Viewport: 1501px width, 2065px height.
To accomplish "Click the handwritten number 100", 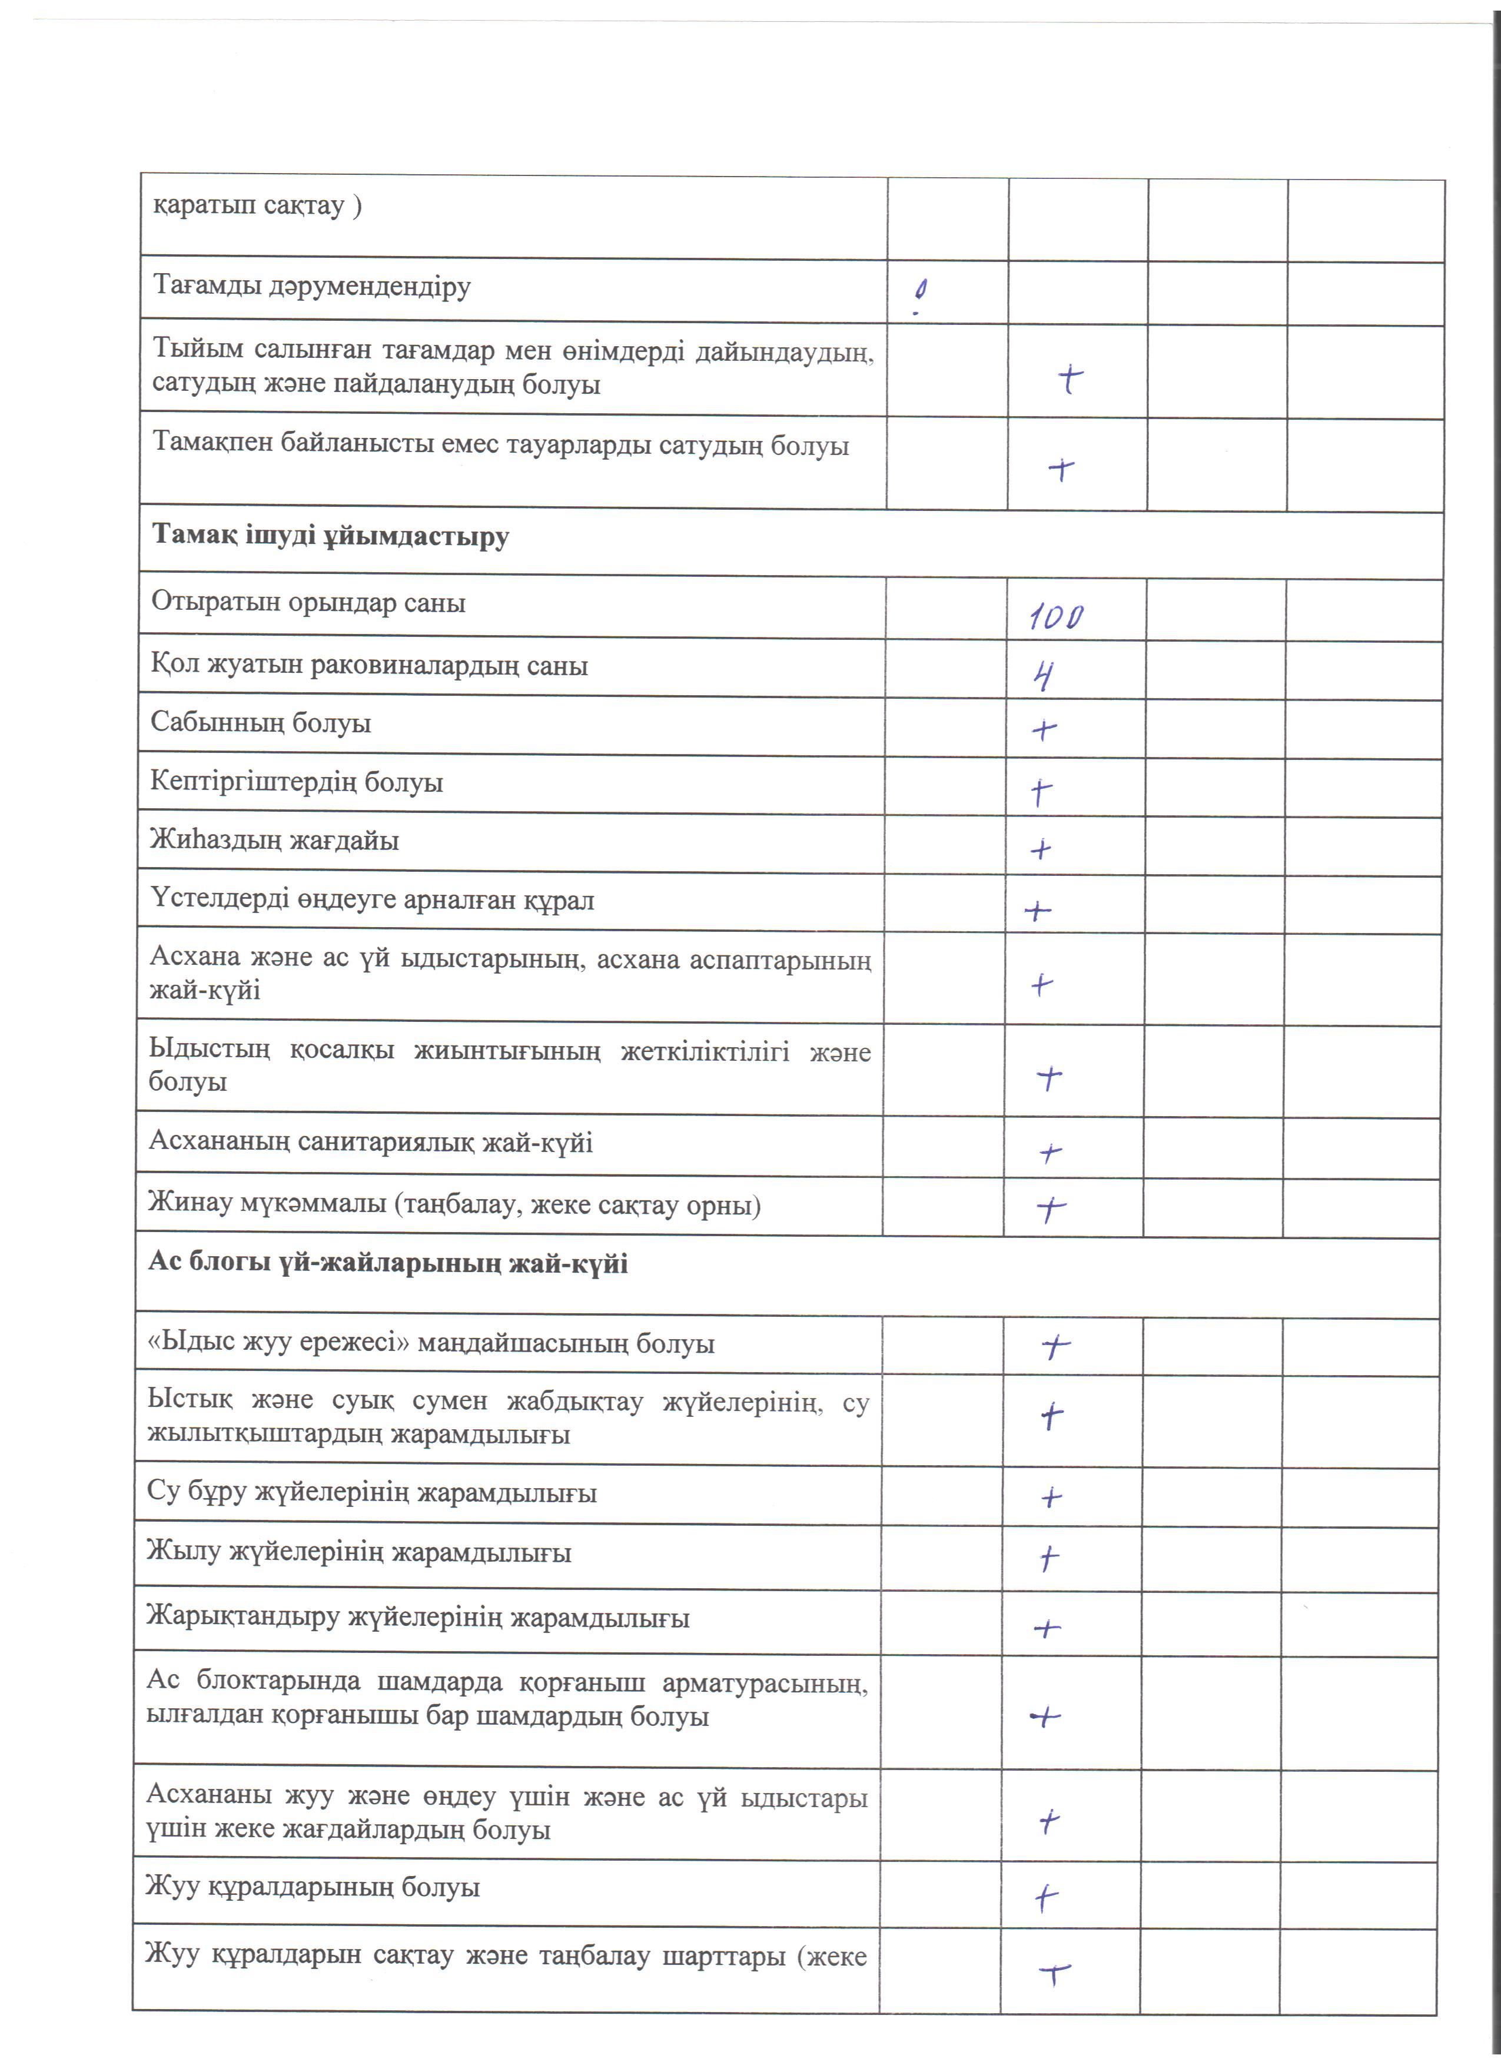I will pos(1056,617).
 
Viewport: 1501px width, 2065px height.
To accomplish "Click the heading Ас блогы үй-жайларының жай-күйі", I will pos(388,1264).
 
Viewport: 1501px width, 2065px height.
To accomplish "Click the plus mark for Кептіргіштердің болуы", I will pos(1041,791).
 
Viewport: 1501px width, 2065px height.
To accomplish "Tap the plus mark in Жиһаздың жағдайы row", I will pos(1041,849).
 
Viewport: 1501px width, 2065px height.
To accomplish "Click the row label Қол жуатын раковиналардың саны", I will pos(368,666).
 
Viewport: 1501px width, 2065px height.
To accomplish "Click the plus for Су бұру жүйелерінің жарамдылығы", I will pos(1051,1497).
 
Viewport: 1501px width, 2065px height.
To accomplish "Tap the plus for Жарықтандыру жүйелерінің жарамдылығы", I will pos(1048,1628).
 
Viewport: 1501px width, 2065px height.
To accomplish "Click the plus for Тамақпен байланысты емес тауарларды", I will pos(1061,469).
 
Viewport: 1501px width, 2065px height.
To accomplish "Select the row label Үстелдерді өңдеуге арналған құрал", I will pos(371,901).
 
